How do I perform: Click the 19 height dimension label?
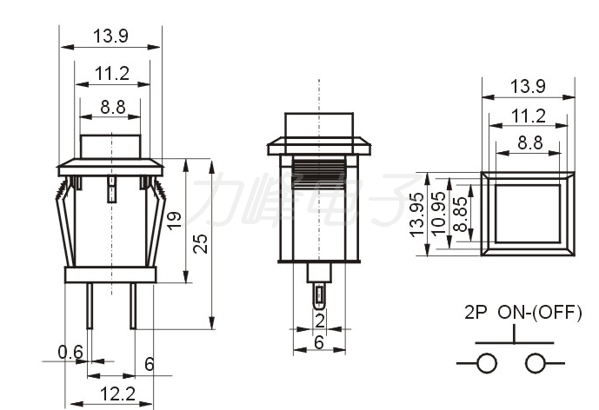point(175,221)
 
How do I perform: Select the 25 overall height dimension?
point(201,243)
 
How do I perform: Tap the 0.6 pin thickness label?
point(70,352)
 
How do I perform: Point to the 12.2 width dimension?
point(117,394)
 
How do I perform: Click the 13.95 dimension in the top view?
point(417,215)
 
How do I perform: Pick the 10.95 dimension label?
point(439,213)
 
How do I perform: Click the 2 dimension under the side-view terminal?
point(320,321)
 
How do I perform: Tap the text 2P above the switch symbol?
point(476,312)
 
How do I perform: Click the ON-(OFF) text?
point(540,312)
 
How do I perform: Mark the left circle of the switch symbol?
point(487,363)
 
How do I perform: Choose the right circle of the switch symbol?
point(536,363)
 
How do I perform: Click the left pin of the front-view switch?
point(90,306)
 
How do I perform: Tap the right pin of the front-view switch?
point(133,306)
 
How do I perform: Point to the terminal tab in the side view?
point(319,296)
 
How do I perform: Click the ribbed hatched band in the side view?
point(319,175)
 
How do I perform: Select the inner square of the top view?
point(528,214)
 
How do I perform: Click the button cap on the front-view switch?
point(110,147)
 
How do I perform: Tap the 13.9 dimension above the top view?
point(529,87)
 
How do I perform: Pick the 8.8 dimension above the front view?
point(113,108)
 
